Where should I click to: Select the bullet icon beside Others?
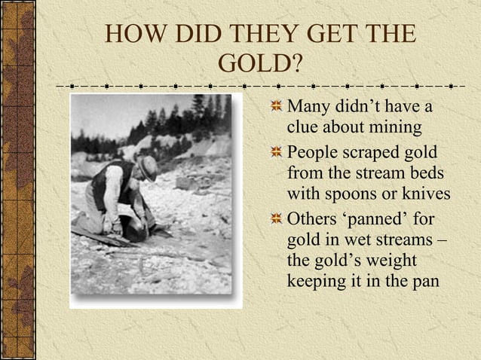coord(277,221)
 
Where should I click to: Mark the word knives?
coord(424,195)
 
